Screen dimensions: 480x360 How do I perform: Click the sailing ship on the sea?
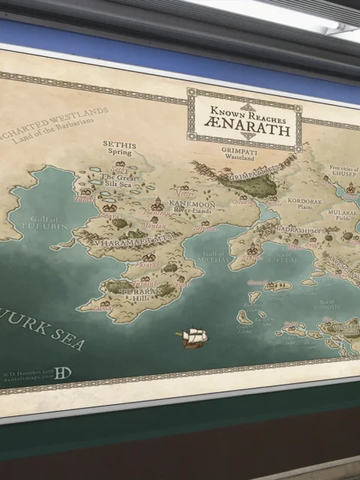(194, 338)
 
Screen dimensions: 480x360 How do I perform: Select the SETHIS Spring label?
(119, 146)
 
